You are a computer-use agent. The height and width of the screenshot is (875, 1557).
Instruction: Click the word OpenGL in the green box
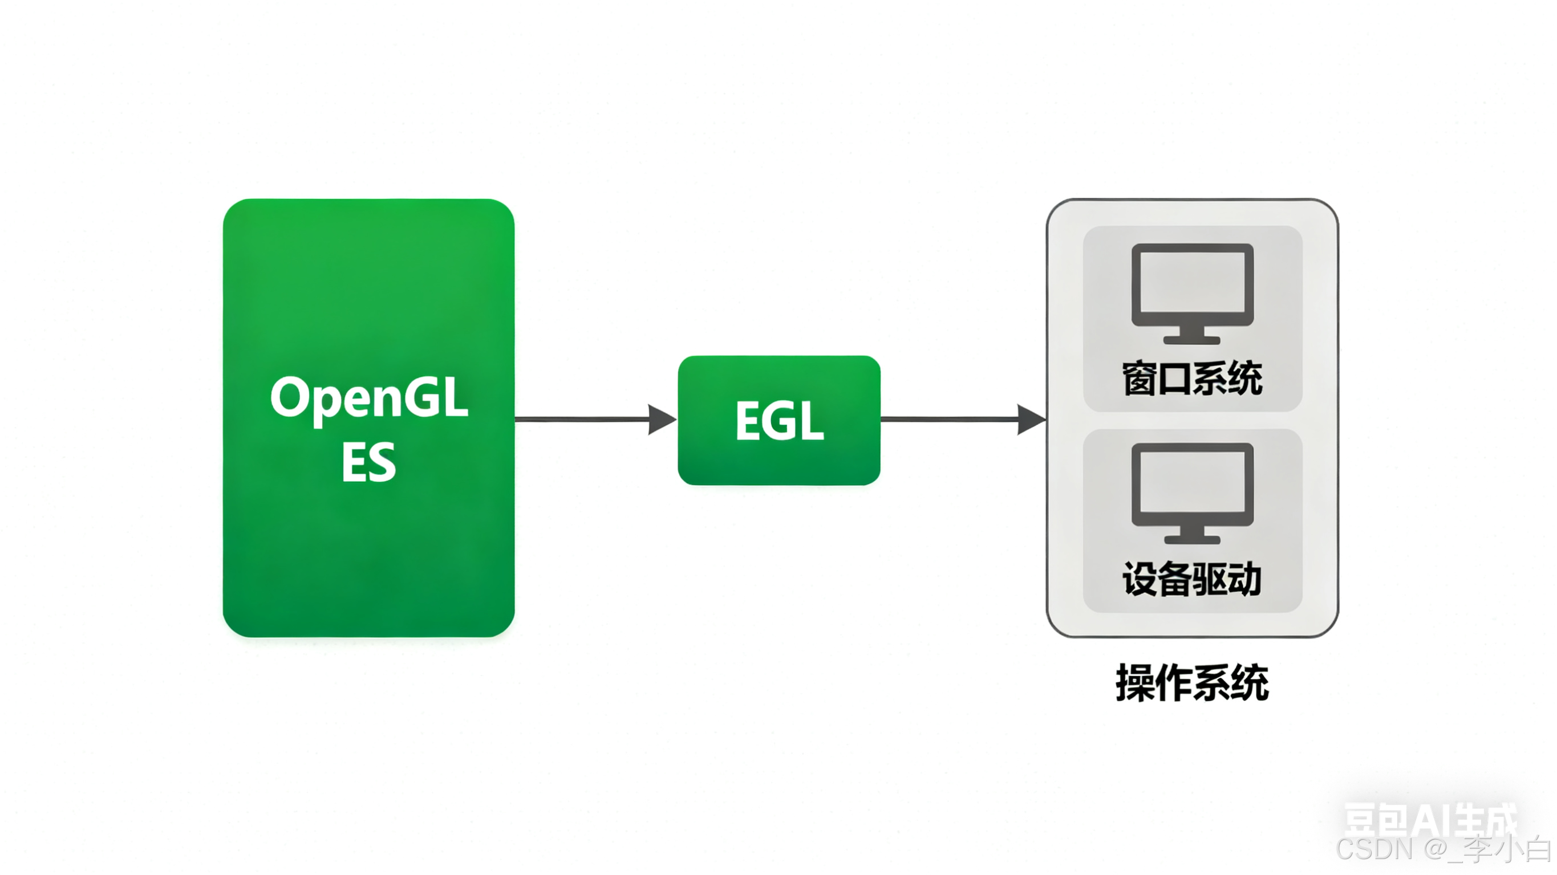(x=368, y=398)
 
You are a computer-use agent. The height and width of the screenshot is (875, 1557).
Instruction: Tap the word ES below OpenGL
(x=368, y=462)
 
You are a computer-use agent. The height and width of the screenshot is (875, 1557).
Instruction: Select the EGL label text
(x=779, y=421)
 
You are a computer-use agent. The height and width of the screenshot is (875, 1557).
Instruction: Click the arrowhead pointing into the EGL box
(x=662, y=420)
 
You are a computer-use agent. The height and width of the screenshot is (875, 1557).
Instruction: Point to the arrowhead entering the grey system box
(x=1031, y=420)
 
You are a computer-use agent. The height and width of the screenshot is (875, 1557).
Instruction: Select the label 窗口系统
(x=1192, y=380)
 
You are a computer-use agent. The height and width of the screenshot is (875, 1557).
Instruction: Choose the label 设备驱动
(x=1192, y=579)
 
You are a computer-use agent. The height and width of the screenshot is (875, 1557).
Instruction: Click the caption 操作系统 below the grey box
(x=1192, y=683)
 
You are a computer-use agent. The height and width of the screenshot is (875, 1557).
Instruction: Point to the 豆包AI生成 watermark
(x=1430, y=819)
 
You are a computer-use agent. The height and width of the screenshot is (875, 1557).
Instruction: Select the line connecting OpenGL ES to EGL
(x=580, y=420)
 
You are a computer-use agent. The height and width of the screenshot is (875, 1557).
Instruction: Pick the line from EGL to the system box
(x=949, y=420)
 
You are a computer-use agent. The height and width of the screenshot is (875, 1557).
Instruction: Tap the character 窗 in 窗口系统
(x=1140, y=380)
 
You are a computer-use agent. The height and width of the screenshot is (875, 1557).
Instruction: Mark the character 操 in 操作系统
(x=1134, y=683)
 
